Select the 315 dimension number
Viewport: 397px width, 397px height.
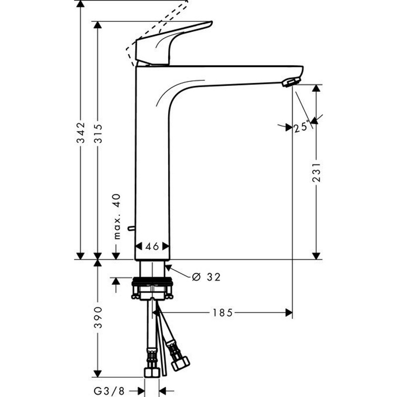98,133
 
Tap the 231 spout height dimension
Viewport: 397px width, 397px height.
316,172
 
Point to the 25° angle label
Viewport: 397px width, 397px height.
301,127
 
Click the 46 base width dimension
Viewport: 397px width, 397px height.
152,246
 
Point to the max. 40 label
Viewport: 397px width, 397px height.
117,216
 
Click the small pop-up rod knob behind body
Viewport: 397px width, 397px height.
131,228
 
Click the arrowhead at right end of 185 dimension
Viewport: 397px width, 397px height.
289,312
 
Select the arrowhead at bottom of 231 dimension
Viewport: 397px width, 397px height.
316,255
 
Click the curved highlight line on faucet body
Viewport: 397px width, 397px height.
179,87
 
